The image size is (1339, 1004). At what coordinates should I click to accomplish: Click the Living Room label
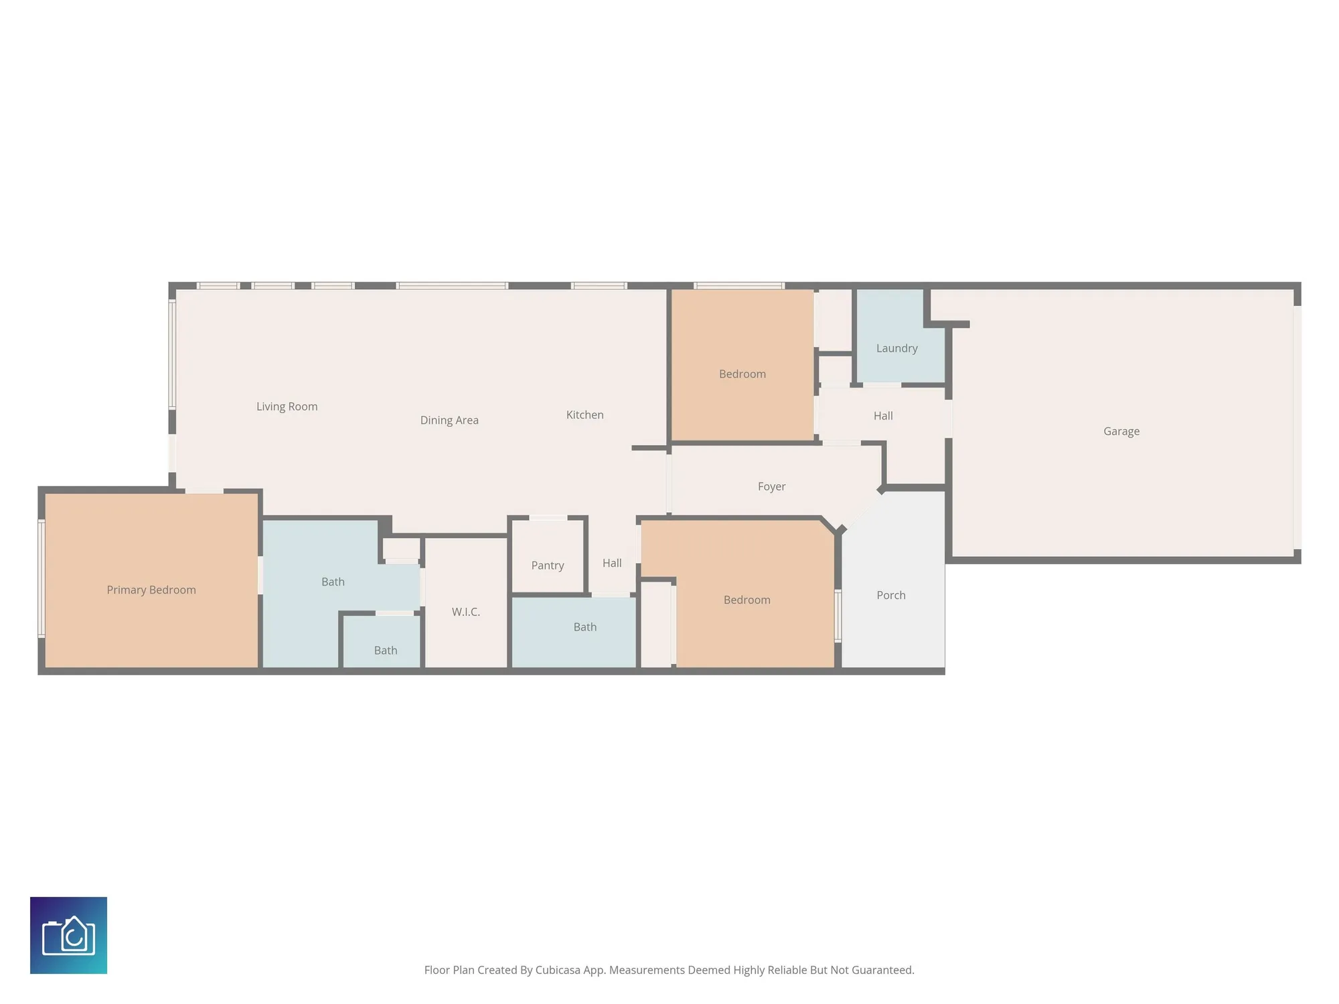[x=287, y=406]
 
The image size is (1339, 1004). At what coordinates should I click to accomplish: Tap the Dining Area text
[x=449, y=420]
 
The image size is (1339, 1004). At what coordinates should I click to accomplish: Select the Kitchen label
[x=584, y=415]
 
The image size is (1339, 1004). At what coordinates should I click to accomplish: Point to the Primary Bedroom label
[x=151, y=590]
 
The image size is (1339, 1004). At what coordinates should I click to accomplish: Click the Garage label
[x=1121, y=432]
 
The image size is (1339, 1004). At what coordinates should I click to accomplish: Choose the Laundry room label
[x=896, y=348]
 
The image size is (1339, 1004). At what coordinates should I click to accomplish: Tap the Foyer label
[x=771, y=487]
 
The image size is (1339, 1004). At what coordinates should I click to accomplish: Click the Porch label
[x=890, y=595]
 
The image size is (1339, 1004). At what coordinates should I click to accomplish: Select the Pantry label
[x=547, y=566]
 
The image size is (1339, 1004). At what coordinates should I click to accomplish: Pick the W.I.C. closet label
[x=465, y=612]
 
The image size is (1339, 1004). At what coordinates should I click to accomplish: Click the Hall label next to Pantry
[x=612, y=563]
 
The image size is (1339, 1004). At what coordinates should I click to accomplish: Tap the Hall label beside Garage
[x=883, y=416]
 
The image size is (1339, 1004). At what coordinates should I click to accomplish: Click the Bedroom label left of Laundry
[x=742, y=374]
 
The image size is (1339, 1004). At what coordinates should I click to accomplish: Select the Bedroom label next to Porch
[x=746, y=600]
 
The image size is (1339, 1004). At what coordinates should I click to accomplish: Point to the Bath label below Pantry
[x=584, y=627]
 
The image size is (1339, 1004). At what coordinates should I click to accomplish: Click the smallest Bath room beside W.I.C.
[x=385, y=650]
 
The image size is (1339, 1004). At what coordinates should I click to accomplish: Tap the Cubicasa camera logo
[x=68, y=935]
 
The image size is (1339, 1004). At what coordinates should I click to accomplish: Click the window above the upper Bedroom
[x=739, y=286]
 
